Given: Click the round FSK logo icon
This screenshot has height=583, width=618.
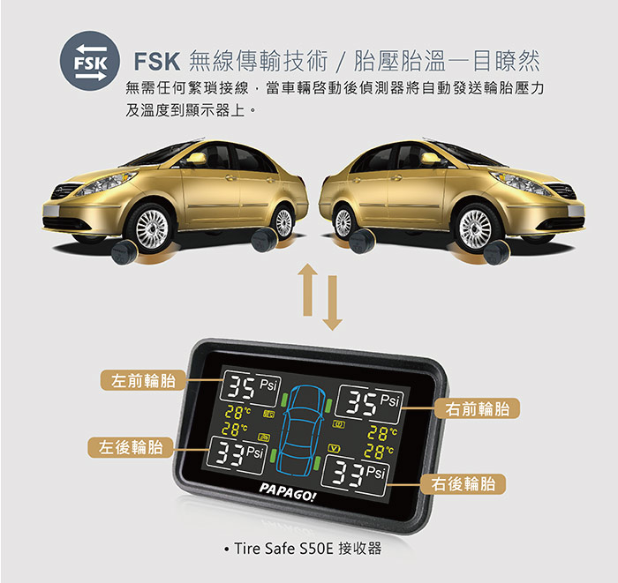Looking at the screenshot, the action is [x=90, y=61].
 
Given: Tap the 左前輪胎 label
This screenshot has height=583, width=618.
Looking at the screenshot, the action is [x=143, y=380].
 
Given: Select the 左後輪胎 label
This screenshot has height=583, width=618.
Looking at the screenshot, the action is [x=131, y=447].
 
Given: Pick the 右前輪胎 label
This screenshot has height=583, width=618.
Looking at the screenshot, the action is [x=478, y=408].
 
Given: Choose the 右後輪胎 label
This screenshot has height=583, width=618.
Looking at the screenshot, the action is [x=463, y=483].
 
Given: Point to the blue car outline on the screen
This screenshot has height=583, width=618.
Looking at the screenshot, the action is [x=302, y=430].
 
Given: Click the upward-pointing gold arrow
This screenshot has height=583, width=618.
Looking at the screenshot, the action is [x=308, y=289].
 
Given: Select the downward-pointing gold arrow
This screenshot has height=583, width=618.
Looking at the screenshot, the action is [x=332, y=303].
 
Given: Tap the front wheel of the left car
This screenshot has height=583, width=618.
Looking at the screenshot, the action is [x=151, y=228].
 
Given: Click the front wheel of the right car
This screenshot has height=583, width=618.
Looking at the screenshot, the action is [x=475, y=228].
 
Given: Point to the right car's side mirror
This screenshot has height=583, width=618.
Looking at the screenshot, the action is [x=431, y=158].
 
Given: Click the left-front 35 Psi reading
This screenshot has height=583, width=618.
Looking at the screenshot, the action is [x=251, y=387].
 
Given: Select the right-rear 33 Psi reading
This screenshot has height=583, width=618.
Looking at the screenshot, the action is [x=355, y=475].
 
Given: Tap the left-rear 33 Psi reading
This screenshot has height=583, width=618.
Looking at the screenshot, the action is [x=237, y=454].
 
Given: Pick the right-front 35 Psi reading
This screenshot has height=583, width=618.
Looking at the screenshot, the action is [x=369, y=403].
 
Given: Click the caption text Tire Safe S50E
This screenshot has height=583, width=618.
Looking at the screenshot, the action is [x=283, y=549].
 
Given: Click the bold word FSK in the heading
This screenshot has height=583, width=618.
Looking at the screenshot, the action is [x=157, y=62].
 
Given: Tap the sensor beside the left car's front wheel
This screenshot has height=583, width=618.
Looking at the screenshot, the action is [x=124, y=252].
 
